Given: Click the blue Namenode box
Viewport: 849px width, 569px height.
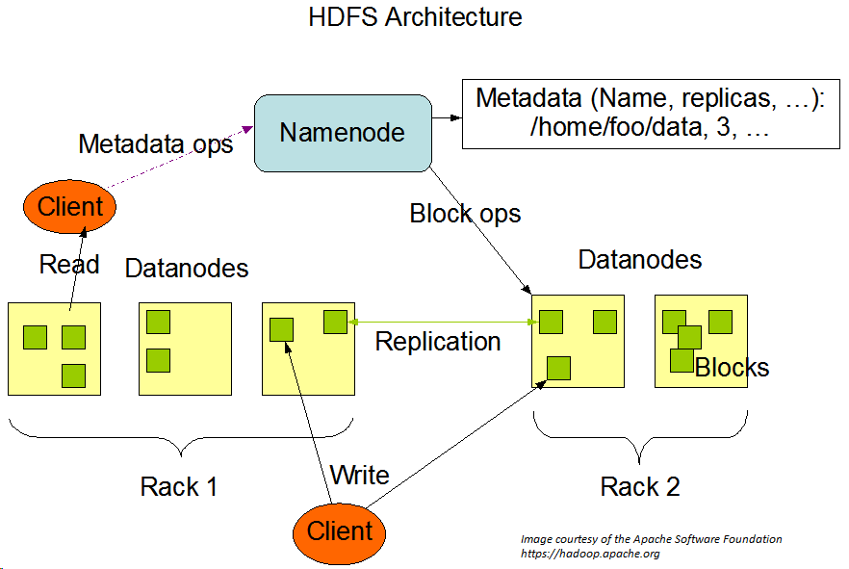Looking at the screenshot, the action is click(x=343, y=133).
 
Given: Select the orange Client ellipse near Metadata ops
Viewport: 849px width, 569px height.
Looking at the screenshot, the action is click(x=70, y=207).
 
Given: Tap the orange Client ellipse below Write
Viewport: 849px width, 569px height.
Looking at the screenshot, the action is click(x=340, y=533).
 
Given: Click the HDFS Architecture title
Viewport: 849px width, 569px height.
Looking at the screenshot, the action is click(x=415, y=16).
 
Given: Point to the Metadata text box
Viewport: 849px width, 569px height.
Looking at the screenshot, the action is click(x=651, y=114).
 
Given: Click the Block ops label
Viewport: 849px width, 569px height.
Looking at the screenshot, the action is click(x=465, y=214).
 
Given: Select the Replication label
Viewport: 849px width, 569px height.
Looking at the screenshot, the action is click(x=438, y=342).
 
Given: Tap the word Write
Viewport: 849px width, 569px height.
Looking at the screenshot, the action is click(x=360, y=476).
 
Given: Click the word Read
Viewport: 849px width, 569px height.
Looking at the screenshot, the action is click(x=69, y=264).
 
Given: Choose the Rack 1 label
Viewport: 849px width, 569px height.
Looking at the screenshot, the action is click(x=179, y=486).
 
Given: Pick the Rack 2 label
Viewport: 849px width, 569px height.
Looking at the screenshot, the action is click(x=640, y=486).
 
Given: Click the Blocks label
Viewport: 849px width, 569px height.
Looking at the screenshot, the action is click(x=732, y=368).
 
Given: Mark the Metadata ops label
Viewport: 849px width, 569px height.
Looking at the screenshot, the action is click(x=156, y=144).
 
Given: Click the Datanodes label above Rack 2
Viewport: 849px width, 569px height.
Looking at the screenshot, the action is click(x=640, y=259).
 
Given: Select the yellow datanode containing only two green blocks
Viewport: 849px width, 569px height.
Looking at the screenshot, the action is click(x=185, y=349).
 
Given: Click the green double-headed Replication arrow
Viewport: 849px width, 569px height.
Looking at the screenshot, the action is click(x=444, y=323).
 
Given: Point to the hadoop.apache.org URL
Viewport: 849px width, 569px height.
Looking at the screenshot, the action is click(x=590, y=554).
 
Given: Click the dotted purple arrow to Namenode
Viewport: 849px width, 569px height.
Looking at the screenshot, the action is click(x=180, y=157).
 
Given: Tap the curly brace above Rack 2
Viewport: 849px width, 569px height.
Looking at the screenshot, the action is click(x=640, y=437).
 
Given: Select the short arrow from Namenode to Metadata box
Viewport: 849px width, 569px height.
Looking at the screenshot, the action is click(x=448, y=117).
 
